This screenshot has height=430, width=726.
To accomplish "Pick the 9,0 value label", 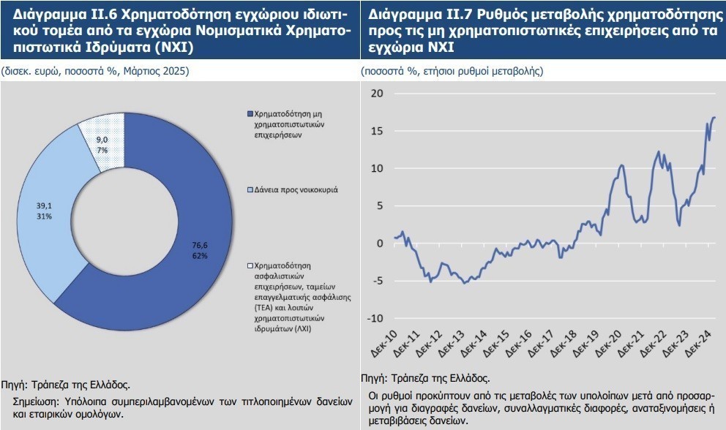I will coord(102,140).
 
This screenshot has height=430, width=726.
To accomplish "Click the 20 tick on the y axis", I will coord(378,93).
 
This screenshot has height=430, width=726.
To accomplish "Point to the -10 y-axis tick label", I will coord(375,318).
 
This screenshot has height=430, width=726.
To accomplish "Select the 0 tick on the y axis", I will coord(380,243).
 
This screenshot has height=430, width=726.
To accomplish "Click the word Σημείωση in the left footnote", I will coord(39,401).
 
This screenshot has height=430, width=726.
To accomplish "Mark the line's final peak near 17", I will coord(714,118).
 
